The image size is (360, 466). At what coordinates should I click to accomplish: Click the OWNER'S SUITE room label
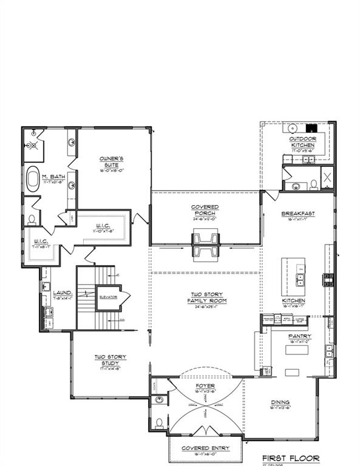coord(112,162)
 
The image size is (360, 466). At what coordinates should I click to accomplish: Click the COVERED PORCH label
coord(205,210)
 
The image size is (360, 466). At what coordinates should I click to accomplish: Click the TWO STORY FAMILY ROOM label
coord(205,297)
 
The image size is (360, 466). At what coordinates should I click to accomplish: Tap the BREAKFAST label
coord(297,214)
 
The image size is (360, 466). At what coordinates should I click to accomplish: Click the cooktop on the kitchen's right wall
coord(328,280)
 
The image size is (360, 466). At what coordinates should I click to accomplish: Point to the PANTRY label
coord(300,336)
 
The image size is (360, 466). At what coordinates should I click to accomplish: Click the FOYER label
coord(205,386)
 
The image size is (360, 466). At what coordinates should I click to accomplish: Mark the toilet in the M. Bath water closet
coord(31,218)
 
